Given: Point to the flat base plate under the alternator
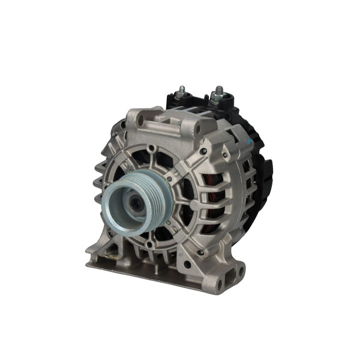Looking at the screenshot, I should (x=156, y=276).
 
